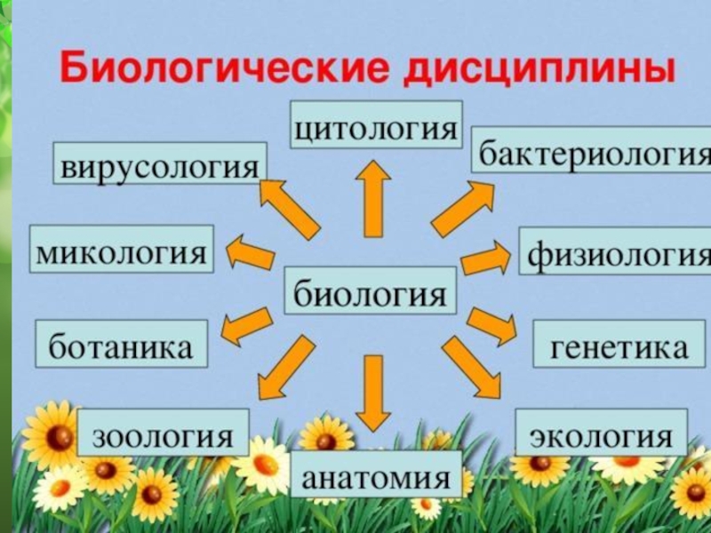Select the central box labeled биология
(x=371, y=290)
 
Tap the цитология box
(x=377, y=124)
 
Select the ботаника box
(x=122, y=345)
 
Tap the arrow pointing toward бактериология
(x=462, y=209)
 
